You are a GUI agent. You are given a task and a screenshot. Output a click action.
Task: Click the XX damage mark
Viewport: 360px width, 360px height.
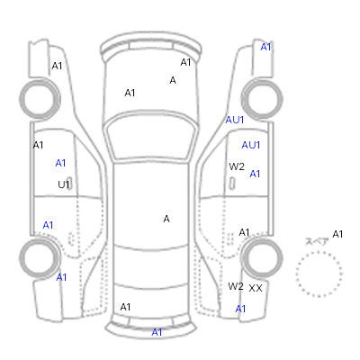256,288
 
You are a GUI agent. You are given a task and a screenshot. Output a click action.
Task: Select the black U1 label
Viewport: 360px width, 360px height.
64,184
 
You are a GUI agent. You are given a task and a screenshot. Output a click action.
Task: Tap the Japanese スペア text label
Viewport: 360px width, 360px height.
317,241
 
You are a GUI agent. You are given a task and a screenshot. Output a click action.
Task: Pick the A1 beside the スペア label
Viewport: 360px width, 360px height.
337,234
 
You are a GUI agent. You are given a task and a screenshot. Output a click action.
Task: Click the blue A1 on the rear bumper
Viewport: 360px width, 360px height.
157,332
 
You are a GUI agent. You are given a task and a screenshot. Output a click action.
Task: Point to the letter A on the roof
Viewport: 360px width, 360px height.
166,219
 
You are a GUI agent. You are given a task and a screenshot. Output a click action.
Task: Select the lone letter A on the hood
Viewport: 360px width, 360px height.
173,80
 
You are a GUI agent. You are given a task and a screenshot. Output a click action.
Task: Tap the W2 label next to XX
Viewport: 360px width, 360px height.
236,286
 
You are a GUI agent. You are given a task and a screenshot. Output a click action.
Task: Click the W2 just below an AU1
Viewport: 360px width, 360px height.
237,166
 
